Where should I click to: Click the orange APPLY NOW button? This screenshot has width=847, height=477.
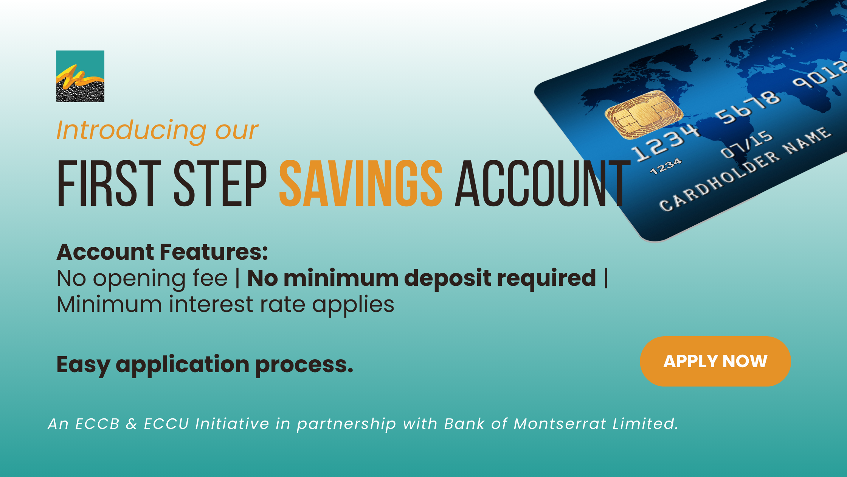click(715, 361)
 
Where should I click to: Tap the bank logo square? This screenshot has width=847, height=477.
click(80, 76)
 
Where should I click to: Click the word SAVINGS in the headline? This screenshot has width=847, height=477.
click(361, 183)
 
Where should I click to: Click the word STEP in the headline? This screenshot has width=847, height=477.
click(220, 183)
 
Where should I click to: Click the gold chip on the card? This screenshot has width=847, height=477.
click(644, 114)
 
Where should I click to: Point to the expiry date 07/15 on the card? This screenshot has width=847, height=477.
click(746, 144)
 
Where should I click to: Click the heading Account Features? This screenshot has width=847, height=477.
click(162, 252)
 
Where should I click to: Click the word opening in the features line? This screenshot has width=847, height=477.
click(160, 279)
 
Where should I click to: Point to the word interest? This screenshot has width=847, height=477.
click(211, 305)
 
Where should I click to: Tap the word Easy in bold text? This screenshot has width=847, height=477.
click(83, 365)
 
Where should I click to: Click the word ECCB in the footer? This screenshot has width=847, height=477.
click(98, 424)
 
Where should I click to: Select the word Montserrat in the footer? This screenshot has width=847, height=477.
click(560, 424)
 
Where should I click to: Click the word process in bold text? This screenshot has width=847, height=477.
click(304, 365)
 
